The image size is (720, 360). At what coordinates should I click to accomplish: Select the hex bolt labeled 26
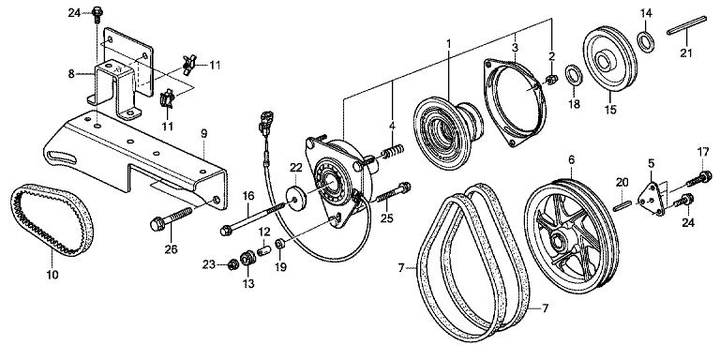click(x=171, y=218)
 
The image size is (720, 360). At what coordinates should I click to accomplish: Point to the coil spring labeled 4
click(x=393, y=152)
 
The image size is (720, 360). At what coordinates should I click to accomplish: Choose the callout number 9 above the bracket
click(x=203, y=134)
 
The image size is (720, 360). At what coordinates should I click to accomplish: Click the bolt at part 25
click(x=393, y=193)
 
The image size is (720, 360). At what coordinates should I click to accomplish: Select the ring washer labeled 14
click(x=646, y=40)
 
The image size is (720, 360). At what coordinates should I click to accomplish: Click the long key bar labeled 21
click(x=687, y=25)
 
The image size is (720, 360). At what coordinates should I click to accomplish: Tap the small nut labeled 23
click(x=232, y=264)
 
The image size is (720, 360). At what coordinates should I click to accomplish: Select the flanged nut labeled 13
click(x=248, y=258)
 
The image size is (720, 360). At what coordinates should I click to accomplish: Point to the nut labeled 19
click(x=279, y=244)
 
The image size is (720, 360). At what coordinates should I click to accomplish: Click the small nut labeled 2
click(x=551, y=80)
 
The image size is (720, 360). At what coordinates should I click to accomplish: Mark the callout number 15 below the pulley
click(x=610, y=110)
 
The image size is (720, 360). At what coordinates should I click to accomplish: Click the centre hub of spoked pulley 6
click(x=559, y=239)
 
